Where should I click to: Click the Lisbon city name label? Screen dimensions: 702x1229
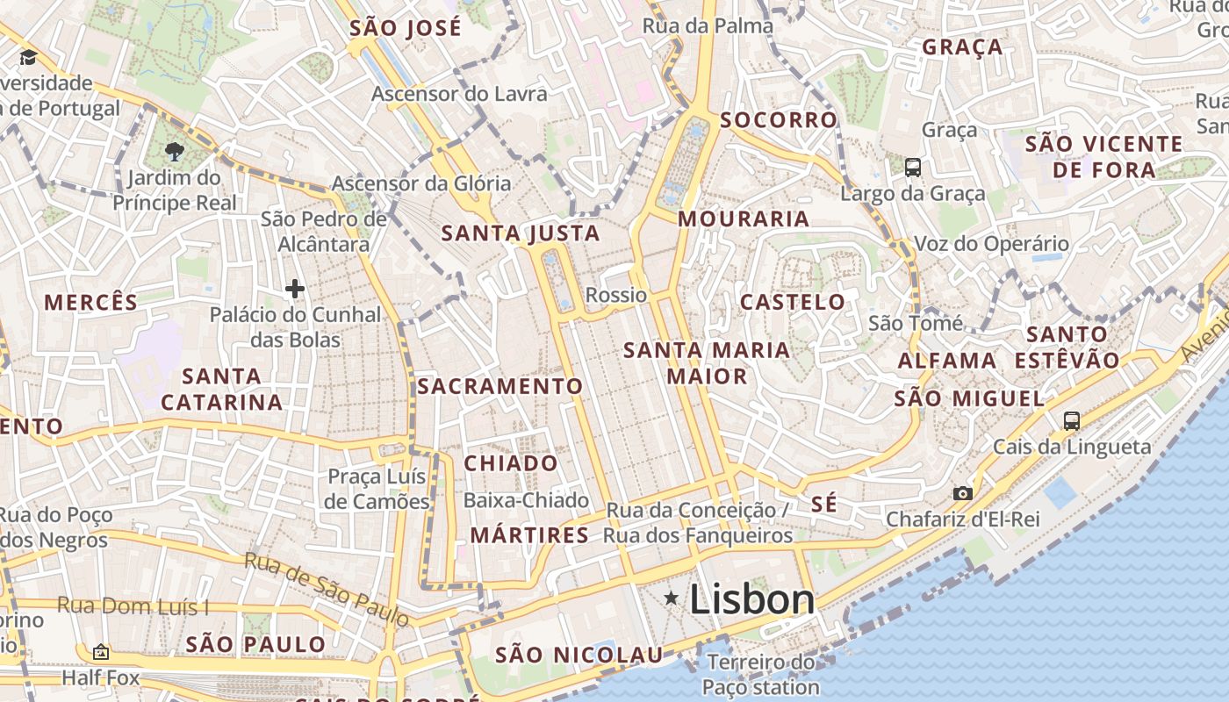(x=752, y=600)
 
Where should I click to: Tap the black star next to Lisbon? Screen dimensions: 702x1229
(x=672, y=598)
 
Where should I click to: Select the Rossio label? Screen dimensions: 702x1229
(x=616, y=295)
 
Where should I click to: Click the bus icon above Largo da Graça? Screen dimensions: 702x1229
(x=913, y=167)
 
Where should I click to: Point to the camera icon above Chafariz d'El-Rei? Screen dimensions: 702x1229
(x=963, y=493)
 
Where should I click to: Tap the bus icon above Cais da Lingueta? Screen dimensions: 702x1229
(x=1072, y=420)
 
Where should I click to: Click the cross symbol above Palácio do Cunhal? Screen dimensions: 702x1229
(x=295, y=288)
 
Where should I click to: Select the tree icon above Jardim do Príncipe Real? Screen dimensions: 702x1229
(x=174, y=152)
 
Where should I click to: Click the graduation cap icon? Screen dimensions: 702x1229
(x=28, y=58)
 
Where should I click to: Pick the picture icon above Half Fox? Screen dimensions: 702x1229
(x=101, y=652)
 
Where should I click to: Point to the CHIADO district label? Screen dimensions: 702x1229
(x=511, y=463)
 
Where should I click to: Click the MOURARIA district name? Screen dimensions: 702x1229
(x=744, y=219)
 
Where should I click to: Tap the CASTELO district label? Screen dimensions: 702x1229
(x=793, y=303)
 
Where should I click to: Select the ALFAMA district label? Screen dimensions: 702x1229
(x=947, y=361)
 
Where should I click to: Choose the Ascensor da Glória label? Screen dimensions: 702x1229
(x=421, y=183)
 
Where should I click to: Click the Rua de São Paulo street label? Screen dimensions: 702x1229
(x=327, y=589)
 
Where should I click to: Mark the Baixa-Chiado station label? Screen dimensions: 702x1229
(x=526, y=501)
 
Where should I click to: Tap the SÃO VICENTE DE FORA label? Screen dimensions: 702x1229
(x=1104, y=156)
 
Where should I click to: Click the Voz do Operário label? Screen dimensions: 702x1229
(x=992, y=244)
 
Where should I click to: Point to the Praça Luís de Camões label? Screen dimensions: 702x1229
(x=377, y=490)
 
